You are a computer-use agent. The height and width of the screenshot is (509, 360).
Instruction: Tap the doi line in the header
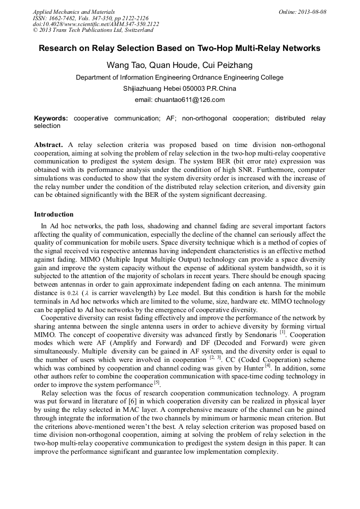click(96, 24)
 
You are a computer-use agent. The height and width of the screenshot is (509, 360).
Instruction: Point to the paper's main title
click(179, 48)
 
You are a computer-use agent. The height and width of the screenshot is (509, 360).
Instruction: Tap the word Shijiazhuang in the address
click(146, 89)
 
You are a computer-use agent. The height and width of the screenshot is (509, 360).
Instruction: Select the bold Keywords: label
click(52, 118)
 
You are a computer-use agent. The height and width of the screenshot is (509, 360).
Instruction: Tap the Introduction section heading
click(54, 214)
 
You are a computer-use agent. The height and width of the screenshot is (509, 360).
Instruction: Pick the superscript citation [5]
click(157, 383)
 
